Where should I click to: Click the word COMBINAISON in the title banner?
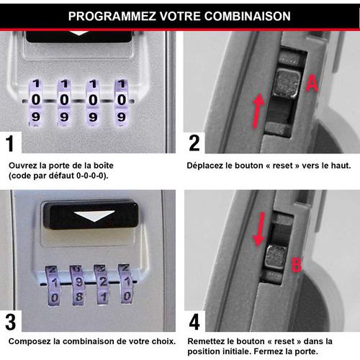pos(248,17)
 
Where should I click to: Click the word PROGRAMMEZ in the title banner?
pos(112,17)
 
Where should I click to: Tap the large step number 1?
pos(10,143)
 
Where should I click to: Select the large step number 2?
pos(194,143)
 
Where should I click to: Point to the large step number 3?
pos(11,322)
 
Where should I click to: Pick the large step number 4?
pos(194,322)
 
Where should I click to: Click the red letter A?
pos(312,84)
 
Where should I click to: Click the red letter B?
pos(297,264)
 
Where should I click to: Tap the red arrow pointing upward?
pos(258,110)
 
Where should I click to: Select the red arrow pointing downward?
pos(259,229)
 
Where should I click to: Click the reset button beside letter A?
pos(287,83)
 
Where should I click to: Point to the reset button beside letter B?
pos(275,257)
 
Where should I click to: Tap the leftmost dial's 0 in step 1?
pos(36,99)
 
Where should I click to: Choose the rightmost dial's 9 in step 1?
pos(122,117)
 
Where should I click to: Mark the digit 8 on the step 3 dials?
pos(79,297)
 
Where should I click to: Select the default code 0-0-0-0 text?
pos(91,176)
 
